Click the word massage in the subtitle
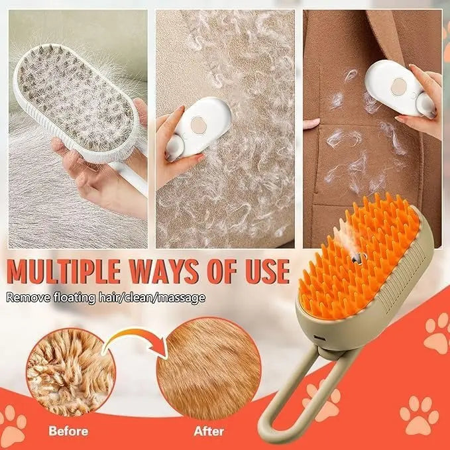[184, 298]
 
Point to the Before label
[69, 431]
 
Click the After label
[209, 431]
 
